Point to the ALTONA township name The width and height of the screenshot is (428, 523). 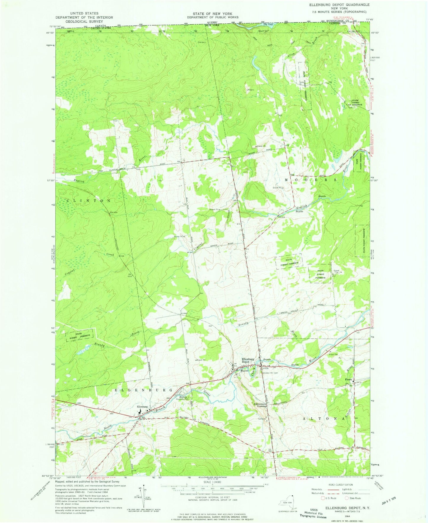324,419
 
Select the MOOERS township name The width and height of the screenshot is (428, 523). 311,180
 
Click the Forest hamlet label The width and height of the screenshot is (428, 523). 348,380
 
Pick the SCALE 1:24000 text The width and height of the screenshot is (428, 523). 211,490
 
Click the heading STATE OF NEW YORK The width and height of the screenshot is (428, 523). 211,14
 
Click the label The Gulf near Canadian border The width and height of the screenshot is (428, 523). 267,24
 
